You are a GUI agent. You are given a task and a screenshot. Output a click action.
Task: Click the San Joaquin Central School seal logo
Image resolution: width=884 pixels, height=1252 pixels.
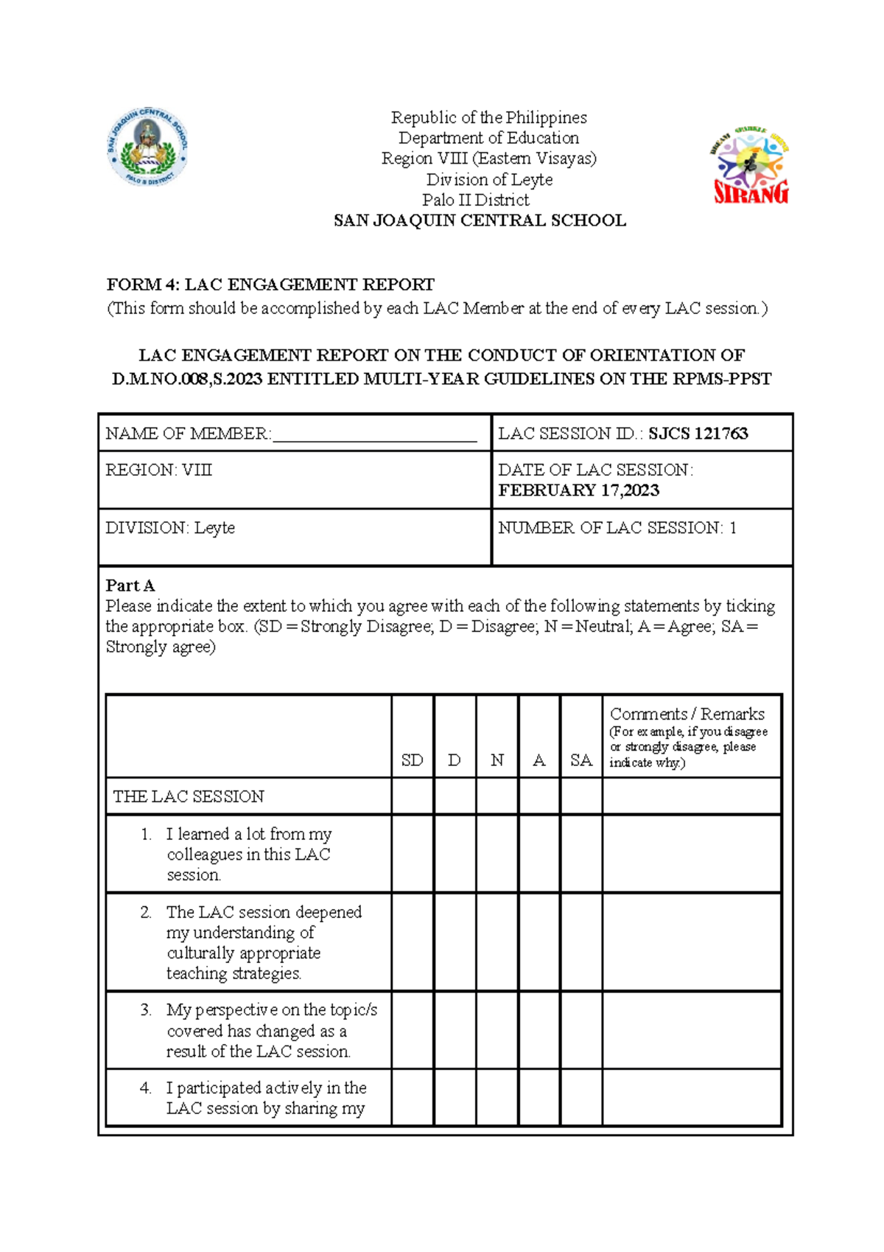(147, 147)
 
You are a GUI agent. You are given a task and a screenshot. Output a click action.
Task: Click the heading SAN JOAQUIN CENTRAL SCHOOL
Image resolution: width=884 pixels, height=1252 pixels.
(480, 220)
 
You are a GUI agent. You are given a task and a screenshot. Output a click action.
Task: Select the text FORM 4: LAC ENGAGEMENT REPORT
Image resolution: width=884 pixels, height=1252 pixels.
(270, 285)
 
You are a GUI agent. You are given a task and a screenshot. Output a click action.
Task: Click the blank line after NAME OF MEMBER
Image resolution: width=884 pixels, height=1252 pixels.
(374, 434)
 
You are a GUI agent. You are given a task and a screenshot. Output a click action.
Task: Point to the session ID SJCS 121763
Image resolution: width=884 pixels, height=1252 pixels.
(698, 434)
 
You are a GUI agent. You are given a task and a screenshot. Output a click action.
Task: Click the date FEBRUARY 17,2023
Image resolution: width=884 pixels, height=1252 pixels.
(578, 490)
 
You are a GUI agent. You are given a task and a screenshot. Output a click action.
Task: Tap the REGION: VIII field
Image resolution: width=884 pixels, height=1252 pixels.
(158, 470)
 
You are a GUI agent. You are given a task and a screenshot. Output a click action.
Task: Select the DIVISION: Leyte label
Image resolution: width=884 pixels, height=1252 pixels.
(170, 528)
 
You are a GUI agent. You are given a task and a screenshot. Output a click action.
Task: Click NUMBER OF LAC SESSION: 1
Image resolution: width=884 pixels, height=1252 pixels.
(617, 528)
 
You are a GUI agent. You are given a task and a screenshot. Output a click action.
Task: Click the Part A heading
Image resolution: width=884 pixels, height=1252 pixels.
(130, 585)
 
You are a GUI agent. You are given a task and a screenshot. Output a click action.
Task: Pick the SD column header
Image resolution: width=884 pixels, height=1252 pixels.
(412, 760)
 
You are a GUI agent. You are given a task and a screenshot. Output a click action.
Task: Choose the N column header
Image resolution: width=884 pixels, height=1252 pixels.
(497, 760)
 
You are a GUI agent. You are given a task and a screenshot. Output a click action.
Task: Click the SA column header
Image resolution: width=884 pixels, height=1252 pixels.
(581, 760)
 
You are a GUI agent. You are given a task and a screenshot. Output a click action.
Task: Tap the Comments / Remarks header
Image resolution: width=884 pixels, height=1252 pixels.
(687, 714)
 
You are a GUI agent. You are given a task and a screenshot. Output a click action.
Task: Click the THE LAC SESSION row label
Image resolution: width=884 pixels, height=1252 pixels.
(189, 796)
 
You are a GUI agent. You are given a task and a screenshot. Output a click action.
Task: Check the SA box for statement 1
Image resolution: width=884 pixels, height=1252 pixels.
(581, 854)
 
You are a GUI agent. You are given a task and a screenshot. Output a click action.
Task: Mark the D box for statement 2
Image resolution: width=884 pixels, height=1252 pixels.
(455, 942)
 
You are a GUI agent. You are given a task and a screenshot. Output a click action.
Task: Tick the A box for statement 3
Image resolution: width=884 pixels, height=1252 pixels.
(539, 1030)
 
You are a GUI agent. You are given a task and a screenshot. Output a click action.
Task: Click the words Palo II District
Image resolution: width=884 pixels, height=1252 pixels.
(476, 200)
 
